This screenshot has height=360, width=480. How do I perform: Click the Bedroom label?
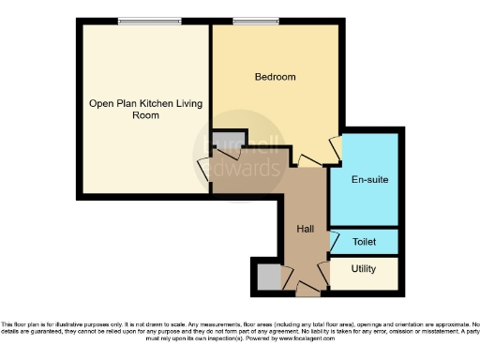coord(276,77)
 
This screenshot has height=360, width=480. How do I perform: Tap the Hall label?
coord(306,229)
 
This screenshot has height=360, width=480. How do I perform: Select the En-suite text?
coord(369,178)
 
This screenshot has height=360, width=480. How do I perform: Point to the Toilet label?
coord(365,242)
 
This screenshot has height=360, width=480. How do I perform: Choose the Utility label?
coord(364,269)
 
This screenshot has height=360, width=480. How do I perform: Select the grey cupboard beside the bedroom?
coord(225,142)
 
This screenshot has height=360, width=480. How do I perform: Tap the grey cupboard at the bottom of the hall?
coord(267,277)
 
